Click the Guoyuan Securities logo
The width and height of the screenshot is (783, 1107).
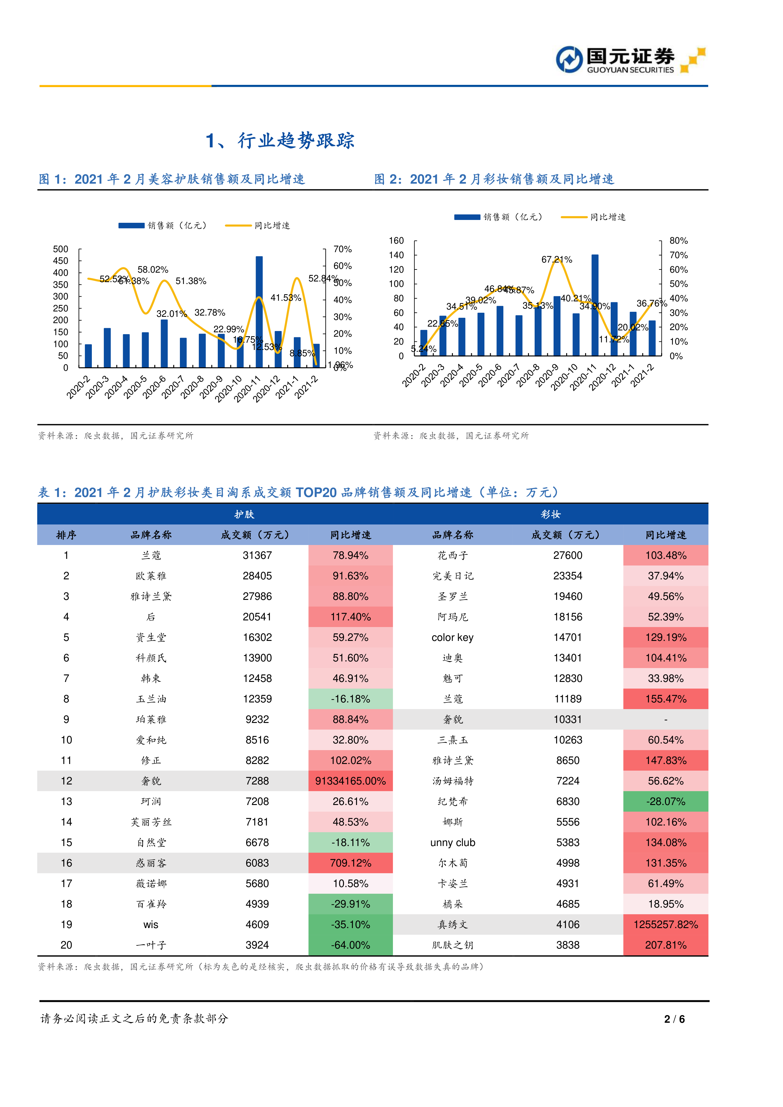tap(630, 60)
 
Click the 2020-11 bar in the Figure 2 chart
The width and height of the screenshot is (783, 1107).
tap(595, 305)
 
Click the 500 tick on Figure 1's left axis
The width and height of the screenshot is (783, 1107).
tap(61, 249)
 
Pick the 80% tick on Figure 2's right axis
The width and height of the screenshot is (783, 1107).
tap(678, 240)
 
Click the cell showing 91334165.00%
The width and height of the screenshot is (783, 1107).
tap(351, 781)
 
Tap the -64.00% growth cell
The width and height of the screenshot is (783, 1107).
tap(351, 945)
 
